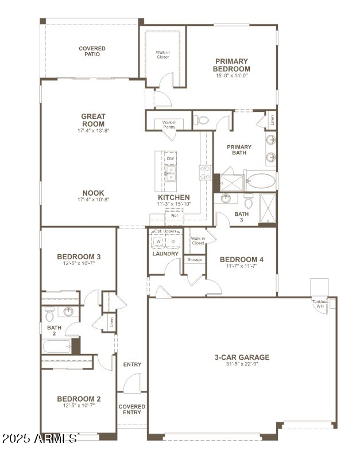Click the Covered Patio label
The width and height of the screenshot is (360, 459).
[92, 51]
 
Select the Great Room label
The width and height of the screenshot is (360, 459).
[93, 120]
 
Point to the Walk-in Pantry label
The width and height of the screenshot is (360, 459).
[169, 125]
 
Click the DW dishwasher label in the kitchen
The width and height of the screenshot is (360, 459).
[171, 159]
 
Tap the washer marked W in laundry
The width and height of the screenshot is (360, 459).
[158, 242]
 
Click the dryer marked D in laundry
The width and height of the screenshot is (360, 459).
[173, 242]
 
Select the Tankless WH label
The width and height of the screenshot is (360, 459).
[320, 304]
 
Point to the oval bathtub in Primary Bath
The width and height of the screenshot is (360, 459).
[260, 181]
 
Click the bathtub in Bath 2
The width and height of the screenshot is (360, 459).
[56, 347]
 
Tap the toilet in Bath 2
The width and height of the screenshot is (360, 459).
[49, 314]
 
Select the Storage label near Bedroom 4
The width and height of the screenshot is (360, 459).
[195, 260]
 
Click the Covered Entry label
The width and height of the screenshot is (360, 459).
[132, 410]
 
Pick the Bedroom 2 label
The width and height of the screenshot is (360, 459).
[79, 399]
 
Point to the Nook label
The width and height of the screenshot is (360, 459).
[93, 193]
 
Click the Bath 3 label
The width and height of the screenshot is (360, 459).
[242, 217]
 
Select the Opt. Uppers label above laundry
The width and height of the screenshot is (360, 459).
[165, 231]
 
